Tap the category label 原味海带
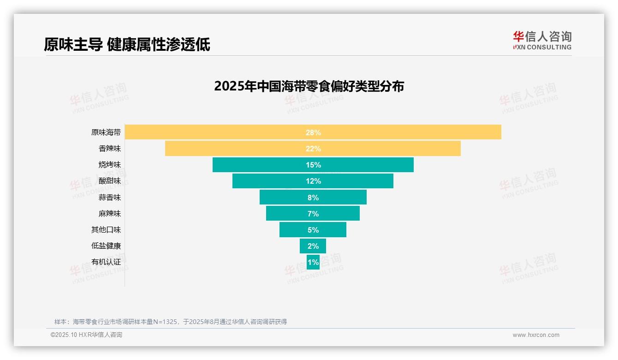[106, 132]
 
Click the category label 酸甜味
[109, 181]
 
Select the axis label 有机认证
[106, 262]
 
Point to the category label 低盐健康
[106, 246]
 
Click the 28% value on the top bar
[313, 132]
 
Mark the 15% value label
[313, 165]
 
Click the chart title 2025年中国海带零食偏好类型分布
[309, 86]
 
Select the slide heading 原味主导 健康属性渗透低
[127, 44]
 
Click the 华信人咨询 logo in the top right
[542, 40]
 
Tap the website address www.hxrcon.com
[535, 335]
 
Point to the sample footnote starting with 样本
[171, 322]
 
